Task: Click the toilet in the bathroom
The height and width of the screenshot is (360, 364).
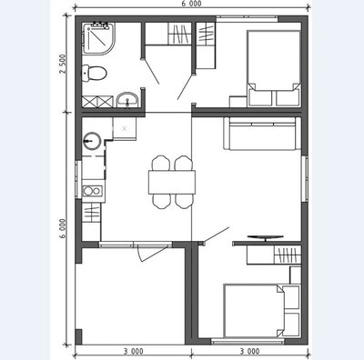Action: [95, 73]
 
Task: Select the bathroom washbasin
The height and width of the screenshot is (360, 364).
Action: [127, 100]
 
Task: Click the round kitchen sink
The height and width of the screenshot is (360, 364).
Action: [92, 141]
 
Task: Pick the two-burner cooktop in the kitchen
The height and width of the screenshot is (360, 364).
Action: [92, 191]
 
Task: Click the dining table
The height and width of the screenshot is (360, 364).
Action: [172, 183]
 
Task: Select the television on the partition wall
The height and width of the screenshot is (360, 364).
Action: [266, 237]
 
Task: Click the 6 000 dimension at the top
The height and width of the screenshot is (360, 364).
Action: [192, 4]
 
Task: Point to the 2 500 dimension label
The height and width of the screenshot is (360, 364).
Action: [62, 64]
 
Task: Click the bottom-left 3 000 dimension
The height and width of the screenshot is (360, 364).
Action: [133, 352]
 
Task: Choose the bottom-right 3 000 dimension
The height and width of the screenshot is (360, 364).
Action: [249, 352]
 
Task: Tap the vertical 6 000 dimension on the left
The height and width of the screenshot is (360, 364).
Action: [63, 228]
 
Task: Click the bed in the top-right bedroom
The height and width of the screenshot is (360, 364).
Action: [274, 68]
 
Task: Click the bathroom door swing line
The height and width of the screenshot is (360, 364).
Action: [151, 72]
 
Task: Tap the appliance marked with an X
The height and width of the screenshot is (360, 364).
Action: [125, 128]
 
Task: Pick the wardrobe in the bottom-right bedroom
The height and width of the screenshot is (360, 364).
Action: [274, 255]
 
